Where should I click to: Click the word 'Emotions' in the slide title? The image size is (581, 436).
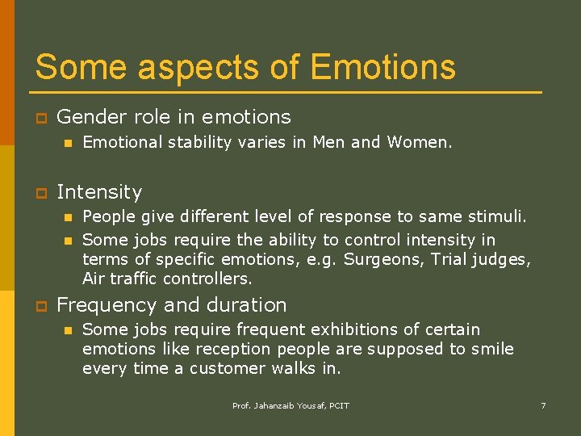(382, 67)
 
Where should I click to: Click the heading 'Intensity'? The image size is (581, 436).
(99, 192)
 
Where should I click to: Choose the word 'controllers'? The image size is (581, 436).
(207, 279)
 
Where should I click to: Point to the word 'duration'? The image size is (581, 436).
(248, 305)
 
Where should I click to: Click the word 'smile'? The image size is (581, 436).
(490, 349)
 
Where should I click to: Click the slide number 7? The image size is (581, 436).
(543, 405)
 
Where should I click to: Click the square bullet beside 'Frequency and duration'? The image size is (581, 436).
(39, 306)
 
